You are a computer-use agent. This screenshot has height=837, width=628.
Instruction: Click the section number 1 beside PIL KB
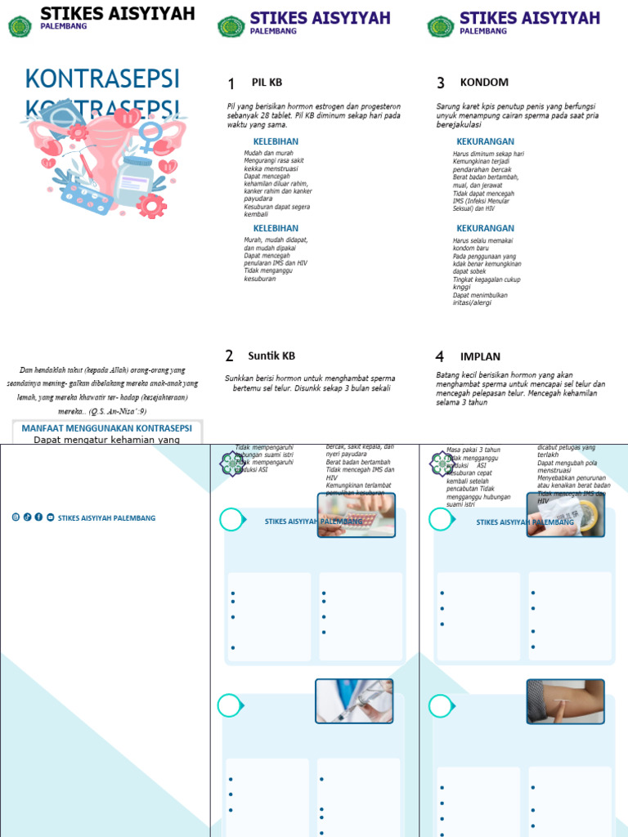tap(231, 84)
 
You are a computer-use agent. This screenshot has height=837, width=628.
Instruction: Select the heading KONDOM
tap(484, 83)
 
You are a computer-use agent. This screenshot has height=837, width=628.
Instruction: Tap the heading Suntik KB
tap(271, 356)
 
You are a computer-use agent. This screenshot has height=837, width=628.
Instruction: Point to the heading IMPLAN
tap(480, 356)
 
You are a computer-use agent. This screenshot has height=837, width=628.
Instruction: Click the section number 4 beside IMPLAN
tap(440, 356)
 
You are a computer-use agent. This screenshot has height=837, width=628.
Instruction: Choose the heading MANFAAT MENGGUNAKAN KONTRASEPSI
tap(106, 427)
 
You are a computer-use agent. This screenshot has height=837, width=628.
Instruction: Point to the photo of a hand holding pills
tap(356, 515)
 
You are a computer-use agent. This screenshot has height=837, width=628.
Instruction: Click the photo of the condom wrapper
tap(566, 515)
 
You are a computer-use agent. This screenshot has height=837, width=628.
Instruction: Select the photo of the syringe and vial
tap(354, 700)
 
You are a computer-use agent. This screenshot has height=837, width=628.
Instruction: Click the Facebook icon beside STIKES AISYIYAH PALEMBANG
tap(38, 517)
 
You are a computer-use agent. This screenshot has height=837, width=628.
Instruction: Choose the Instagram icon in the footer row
tap(16, 517)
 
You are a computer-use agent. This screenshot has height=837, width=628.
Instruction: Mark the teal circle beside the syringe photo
tap(230, 705)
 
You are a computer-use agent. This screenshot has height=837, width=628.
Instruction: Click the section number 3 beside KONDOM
tap(441, 83)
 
